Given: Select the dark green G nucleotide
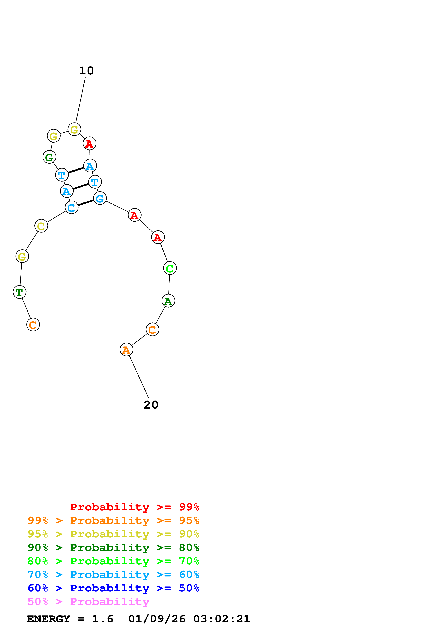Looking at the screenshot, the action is [49, 157].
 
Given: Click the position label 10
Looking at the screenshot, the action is [87, 71].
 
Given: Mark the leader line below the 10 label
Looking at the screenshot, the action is [80, 100].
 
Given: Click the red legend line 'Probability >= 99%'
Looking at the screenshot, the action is [134, 507].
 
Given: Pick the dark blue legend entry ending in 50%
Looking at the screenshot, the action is [113, 588].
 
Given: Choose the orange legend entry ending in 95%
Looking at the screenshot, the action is [113, 520].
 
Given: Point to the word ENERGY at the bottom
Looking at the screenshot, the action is [49, 619].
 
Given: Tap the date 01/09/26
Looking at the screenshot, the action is [157, 619].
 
